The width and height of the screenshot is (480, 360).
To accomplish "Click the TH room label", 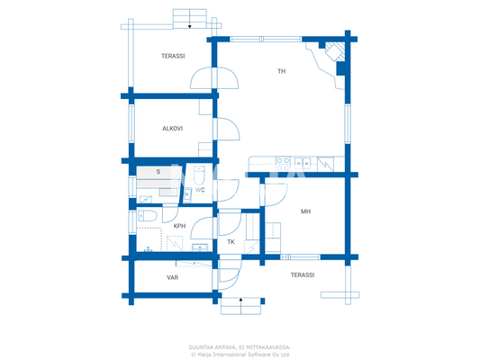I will tap(281, 70).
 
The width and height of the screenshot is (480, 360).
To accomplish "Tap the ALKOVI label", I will tap(173, 129).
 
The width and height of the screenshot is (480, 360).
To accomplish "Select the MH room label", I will tap(305, 211).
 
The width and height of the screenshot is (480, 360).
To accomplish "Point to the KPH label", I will tap(179, 226).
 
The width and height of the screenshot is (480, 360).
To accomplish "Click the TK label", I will tap(231, 242).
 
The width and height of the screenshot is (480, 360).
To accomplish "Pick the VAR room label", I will tap(172, 277).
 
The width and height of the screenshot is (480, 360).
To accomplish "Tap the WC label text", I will tap(201, 190).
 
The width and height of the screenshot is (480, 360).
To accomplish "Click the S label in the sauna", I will tap(158, 171).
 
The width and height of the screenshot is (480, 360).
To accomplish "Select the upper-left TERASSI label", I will tap(173, 56).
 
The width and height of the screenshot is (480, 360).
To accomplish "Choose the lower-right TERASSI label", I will tap(302, 274).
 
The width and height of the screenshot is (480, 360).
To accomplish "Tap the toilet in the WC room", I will tap(201, 175).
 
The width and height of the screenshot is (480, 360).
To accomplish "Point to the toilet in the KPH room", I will tap(149, 216).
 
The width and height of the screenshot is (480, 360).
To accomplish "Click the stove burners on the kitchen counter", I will tap(325, 163).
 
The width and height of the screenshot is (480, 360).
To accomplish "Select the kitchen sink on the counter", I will tap(302, 163).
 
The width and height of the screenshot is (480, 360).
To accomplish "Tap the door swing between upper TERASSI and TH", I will tap(207, 81).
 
